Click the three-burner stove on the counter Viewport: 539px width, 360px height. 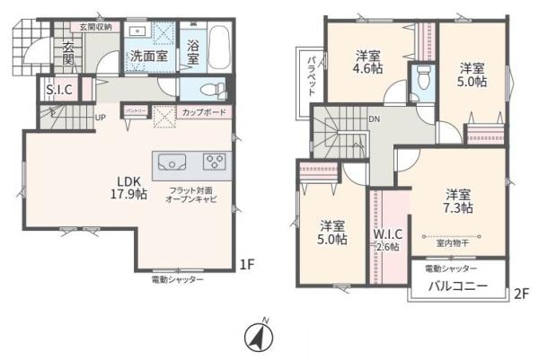pos(216,162)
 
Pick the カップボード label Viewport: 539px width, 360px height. pos(203,111)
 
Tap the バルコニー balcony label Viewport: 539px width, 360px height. pos(457,286)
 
